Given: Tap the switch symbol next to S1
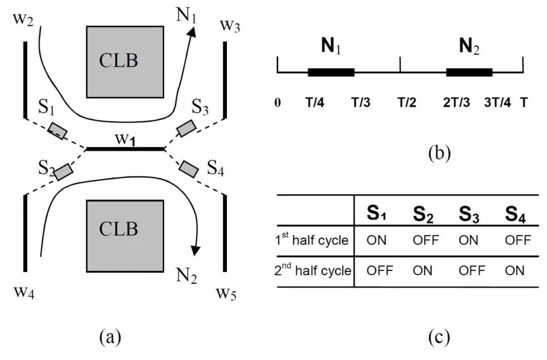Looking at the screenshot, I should [x=58, y=130].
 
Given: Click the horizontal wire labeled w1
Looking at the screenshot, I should [x=125, y=149].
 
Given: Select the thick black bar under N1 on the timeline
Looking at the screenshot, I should [x=331, y=72].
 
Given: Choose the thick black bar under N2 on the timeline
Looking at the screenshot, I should [x=469, y=72].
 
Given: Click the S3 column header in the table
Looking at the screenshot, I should [x=468, y=215].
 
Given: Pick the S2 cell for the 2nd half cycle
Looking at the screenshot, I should [x=422, y=271].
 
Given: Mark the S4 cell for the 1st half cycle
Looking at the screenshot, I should [x=518, y=239].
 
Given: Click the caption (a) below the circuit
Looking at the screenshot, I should [x=111, y=336].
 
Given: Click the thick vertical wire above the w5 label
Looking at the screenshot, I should [x=225, y=232].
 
